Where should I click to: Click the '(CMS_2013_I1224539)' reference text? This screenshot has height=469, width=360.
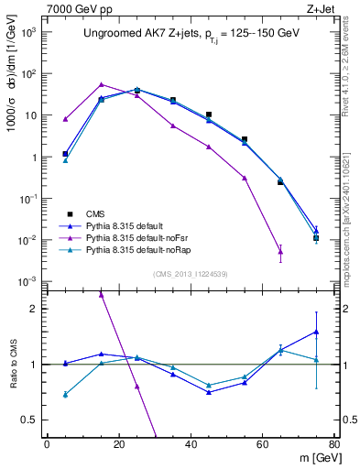190,272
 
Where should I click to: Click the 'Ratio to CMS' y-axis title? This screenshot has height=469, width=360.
13,364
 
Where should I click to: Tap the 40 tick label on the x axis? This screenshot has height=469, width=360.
191,444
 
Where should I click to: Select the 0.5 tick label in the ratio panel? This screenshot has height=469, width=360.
31,420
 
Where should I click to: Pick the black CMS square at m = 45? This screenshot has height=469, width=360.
209,115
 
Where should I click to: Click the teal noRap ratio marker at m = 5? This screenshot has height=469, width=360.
66,395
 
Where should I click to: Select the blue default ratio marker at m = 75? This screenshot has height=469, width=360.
316,332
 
